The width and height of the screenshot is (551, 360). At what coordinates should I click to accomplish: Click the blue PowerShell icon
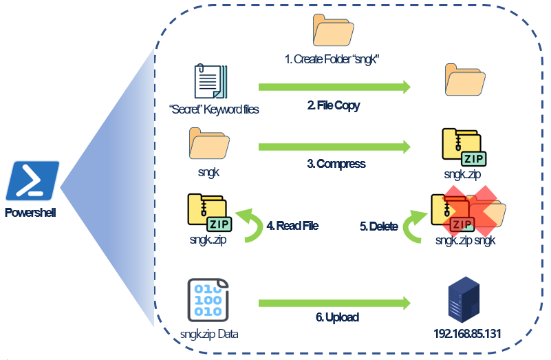[x=33, y=181]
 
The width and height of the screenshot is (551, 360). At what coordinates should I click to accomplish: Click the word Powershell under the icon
[x=30, y=212]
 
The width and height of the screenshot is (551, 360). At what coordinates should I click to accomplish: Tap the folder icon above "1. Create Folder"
[x=333, y=30]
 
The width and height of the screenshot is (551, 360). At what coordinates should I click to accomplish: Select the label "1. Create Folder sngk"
[x=333, y=60]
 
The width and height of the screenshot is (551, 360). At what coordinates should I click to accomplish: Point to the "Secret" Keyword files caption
[x=213, y=108]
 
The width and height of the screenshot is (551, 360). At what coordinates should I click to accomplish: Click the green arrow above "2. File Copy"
[x=334, y=87]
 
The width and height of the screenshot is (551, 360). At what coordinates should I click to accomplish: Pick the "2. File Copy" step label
[x=334, y=105]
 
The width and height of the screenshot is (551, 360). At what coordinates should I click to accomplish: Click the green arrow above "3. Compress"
[x=334, y=146]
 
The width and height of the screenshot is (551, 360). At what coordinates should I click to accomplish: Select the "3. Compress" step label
[x=336, y=164]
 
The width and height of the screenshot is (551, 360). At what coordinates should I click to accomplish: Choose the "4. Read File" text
[x=292, y=225]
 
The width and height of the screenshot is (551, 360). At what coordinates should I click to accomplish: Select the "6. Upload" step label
[x=337, y=317]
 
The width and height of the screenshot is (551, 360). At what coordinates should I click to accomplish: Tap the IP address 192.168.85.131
[x=467, y=334]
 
